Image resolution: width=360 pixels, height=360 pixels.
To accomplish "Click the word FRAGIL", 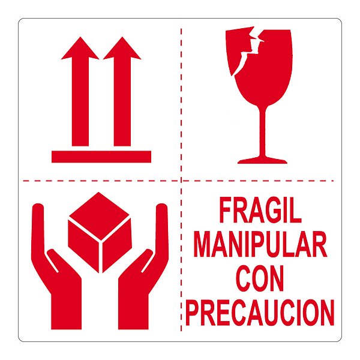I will (x=260, y=211).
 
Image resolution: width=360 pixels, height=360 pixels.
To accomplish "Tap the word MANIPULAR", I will (x=262, y=245).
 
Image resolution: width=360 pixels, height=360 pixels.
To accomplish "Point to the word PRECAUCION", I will (x=260, y=312).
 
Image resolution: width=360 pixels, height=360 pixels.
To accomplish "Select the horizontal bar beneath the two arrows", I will (x=101, y=157).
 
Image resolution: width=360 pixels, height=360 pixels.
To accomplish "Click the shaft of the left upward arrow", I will (x=80, y=102).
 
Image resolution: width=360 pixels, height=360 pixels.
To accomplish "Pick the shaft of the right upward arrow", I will (x=122, y=102).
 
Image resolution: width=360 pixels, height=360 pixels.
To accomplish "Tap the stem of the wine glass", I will (x=262, y=129).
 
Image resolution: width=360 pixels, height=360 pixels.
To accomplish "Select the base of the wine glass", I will (x=262, y=160).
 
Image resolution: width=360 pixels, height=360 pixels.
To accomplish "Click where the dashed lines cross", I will (x=181, y=179).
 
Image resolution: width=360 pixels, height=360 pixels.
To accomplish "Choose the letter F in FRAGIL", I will (x=224, y=211).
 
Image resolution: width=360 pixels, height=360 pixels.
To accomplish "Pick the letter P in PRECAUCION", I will (x=193, y=312).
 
